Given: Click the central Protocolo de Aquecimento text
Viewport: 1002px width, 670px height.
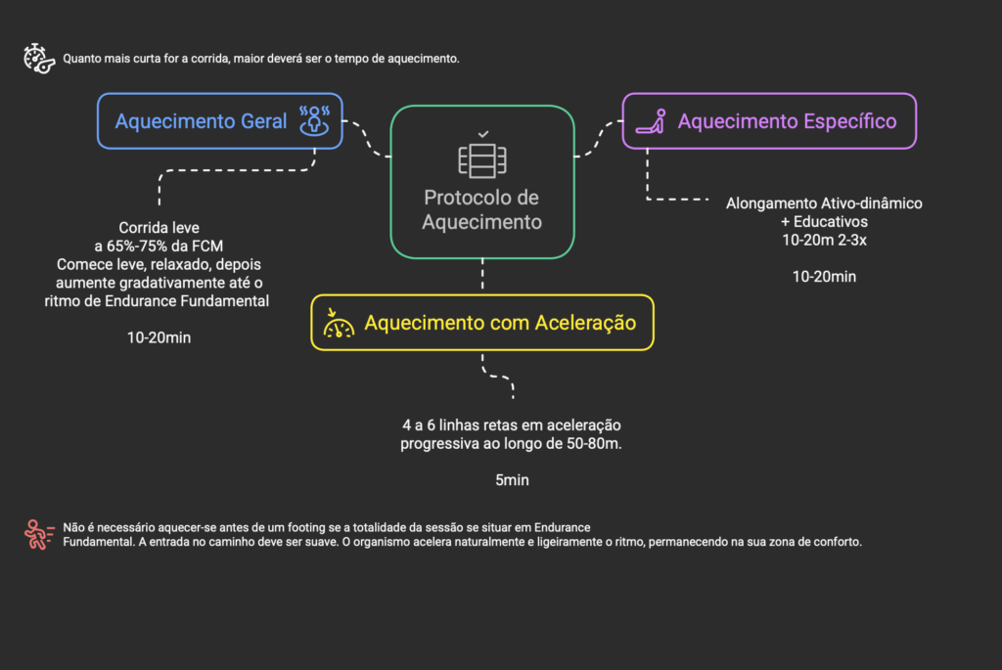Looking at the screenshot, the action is coord(481,209).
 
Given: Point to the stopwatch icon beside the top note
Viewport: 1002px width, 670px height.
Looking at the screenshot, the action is coord(39,59).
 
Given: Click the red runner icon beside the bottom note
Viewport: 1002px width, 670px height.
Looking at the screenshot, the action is coord(39,535).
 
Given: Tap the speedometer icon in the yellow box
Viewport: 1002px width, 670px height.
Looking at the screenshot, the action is coord(338,323).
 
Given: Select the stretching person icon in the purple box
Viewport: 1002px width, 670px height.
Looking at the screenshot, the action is coord(651,121).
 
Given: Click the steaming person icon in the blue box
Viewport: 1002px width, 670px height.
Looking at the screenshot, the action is coord(314,120).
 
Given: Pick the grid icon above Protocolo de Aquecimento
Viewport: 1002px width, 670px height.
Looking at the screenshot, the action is coord(482,161).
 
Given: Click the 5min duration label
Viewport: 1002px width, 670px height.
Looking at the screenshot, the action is coord(512,480).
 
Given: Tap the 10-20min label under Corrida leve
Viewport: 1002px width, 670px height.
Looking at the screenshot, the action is coord(159,337).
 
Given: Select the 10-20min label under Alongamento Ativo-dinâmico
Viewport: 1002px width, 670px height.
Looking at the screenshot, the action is coord(824,277).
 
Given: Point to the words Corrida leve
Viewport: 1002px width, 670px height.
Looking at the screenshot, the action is coord(159,228).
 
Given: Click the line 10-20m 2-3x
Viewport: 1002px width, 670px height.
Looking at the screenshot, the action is coord(824,241).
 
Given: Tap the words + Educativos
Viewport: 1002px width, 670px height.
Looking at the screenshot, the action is coord(824,222).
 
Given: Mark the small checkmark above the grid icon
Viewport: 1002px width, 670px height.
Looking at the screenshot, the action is coord(483,134).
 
